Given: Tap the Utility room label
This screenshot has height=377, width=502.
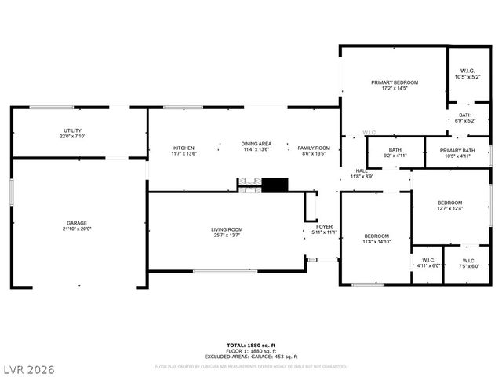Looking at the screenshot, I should click(72, 134).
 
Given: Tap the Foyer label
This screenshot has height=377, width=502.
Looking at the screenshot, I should click(324, 229).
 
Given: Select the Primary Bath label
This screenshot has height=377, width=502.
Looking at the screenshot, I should click(457, 152).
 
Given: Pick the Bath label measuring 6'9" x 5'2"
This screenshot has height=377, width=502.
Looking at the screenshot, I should click(465, 118).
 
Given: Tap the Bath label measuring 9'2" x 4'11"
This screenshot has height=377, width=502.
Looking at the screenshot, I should click(395, 152).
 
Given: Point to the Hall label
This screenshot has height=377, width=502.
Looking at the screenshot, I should click(362, 174).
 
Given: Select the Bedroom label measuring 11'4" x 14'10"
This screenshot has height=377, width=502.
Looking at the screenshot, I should click(376, 239).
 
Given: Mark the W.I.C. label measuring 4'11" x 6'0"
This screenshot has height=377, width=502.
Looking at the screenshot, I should click(427, 263).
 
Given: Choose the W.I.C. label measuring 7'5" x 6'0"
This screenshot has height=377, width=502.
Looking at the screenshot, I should click(468, 263).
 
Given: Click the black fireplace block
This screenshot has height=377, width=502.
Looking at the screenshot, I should click(275, 185).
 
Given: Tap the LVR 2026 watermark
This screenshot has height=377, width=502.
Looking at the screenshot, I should click(28, 368).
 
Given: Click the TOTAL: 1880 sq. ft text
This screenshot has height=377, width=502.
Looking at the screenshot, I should click(251, 345).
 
